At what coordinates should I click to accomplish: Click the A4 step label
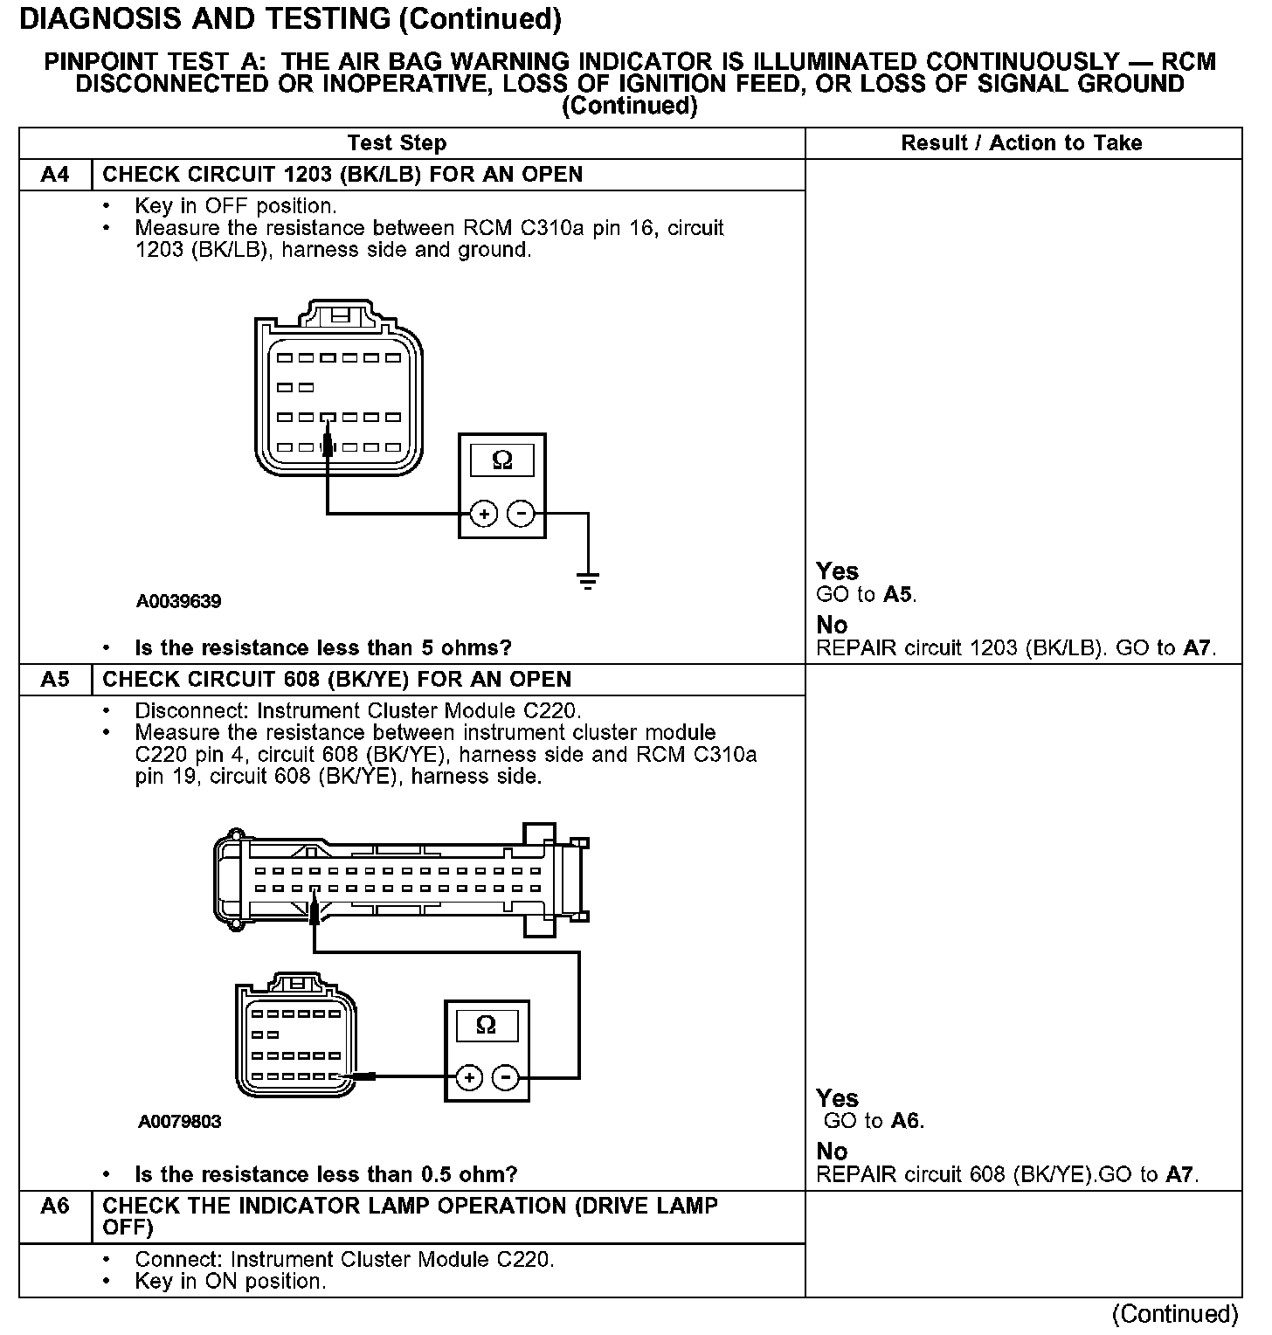coord(55,175)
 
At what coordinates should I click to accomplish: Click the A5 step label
coord(55,680)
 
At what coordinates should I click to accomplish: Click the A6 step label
coord(55,1207)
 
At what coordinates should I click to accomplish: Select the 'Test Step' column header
coord(397,143)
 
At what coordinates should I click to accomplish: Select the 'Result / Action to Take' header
coord(1021,143)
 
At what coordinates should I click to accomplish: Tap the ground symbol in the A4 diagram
coord(588,580)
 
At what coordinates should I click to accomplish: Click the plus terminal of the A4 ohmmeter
coord(484,514)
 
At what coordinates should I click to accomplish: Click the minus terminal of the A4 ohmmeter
coord(521,514)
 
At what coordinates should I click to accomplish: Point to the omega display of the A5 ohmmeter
coord(487,1026)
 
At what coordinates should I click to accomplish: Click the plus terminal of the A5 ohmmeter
coord(469,1077)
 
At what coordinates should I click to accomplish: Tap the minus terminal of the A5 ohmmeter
coord(505,1077)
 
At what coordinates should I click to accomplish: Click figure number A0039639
coord(178,601)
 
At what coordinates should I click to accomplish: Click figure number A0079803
coord(179,1122)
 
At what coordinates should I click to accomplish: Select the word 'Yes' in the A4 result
coord(837,571)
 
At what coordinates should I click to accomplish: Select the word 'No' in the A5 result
coord(832,1152)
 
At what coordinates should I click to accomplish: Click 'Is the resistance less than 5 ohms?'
coord(322,648)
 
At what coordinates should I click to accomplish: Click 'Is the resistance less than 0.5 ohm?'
coord(326,1174)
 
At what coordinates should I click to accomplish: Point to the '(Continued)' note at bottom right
coord(1174,1314)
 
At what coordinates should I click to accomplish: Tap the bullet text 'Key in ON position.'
coord(230,1282)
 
